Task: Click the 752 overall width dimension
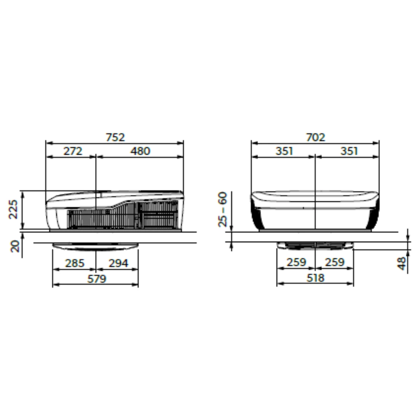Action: click(115, 137)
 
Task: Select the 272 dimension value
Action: click(73, 151)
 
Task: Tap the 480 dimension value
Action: click(140, 151)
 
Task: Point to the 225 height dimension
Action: click(14, 209)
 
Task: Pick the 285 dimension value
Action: click(75, 263)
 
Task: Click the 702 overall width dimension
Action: click(316, 137)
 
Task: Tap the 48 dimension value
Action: click(402, 263)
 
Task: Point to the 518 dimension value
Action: click(315, 278)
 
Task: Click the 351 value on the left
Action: click(284, 151)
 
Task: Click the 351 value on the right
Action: click(349, 151)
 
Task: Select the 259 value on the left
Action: click(296, 262)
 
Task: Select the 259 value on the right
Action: click(335, 262)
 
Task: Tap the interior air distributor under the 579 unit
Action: click(95, 246)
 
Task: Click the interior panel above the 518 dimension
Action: click(315, 246)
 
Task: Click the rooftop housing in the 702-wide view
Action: click(315, 211)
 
